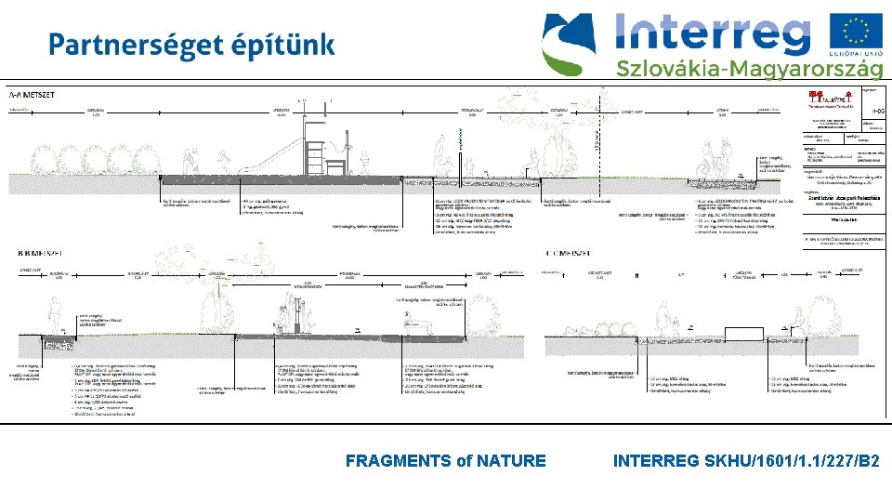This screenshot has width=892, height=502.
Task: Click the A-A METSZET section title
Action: [x=31, y=95]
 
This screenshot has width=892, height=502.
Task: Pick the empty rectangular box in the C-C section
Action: [x=751, y=335]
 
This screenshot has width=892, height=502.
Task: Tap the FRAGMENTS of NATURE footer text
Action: [x=445, y=460]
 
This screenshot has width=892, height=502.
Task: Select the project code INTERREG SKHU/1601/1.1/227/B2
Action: [x=747, y=460]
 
